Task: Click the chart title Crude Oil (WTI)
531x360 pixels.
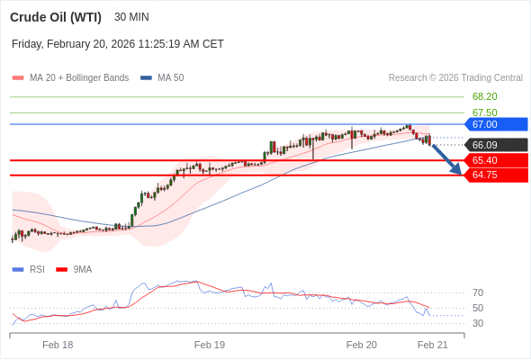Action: point(56,17)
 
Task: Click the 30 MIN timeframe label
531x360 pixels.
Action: point(131,17)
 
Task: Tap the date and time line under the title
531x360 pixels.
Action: point(118,43)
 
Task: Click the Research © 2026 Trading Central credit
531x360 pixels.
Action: point(455,78)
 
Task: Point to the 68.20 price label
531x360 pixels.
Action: point(484,96)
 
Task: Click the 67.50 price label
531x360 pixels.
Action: point(484,112)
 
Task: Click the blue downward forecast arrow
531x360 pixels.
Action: point(447,159)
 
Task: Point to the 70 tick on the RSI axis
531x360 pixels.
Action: point(478,292)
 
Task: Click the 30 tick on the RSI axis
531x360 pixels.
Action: point(478,323)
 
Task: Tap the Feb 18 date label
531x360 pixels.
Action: point(58,345)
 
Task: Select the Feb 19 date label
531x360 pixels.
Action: point(210,345)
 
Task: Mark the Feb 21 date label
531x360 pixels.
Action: point(432,345)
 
